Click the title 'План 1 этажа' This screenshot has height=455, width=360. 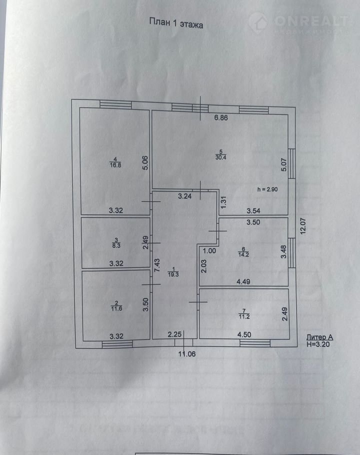pyautogui.click(x=176, y=23)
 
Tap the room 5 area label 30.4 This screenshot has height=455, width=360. pyautogui.click(x=219, y=157)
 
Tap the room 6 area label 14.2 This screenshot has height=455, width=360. pyautogui.click(x=244, y=253)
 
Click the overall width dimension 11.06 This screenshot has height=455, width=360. pyautogui.click(x=188, y=354)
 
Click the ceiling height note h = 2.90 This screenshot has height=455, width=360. pyautogui.click(x=268, y=189)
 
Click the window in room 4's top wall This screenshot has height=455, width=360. pyautogui.click(x=115, y=104)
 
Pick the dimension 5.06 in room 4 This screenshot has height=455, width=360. pyautogui.click(x=145, y=162)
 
